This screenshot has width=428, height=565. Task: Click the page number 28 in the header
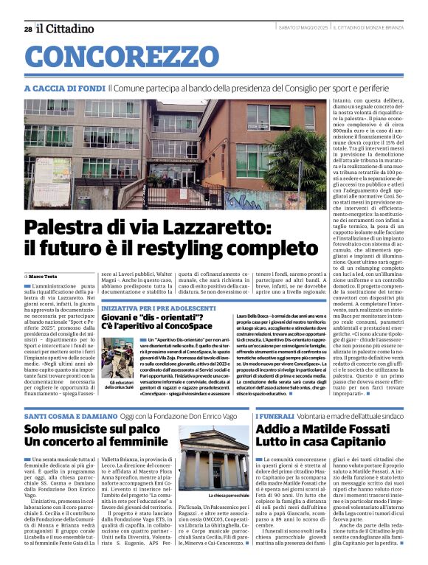point(27,29)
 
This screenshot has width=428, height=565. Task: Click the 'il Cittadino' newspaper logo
point(66,29)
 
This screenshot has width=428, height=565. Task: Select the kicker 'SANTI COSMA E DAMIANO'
point(70,417)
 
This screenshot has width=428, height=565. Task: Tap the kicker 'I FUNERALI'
point(275,417)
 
